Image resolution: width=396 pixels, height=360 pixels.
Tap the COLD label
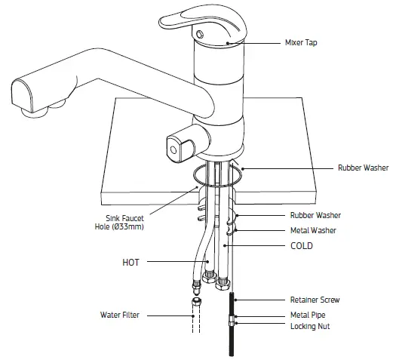coord(303,246)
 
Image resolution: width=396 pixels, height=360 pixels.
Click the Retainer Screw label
coord(315,300)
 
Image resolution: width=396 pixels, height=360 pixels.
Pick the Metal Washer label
coord(312,230)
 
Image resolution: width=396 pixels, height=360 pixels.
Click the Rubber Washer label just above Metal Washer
coord(314,215)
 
